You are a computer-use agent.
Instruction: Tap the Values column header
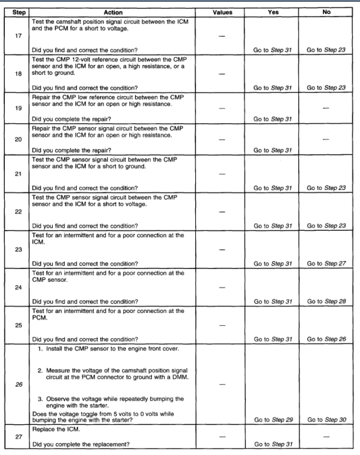pyautogui.click(x=219, y=12)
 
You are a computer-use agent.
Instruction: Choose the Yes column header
pyautogui.click(x=273, y=12)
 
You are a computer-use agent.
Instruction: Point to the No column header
pyautogui.click(x=326, y=12)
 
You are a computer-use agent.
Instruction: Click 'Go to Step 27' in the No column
pyautogui.click(x=326, y=264)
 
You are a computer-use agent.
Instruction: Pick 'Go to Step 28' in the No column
pyautogui.click(x=326, y=302)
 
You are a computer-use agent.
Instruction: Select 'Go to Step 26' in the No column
pyautogui.click(x=326, y=339)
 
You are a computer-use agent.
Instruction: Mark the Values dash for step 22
pyautogui.click(x=219, y=211)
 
